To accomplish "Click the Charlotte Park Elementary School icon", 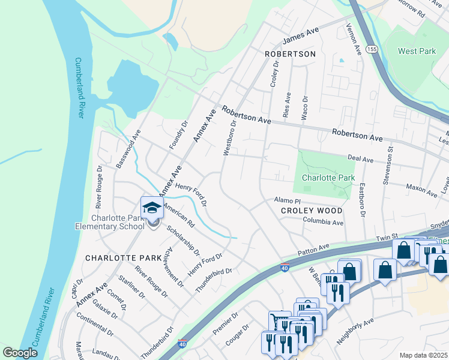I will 152,208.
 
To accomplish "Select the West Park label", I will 417,52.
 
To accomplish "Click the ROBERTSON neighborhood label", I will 290,54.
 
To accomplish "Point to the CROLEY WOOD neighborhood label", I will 312,211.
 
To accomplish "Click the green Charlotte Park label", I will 328,178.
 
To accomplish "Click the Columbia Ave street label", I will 322,222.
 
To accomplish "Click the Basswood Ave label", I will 128,148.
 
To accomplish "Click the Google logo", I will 20,353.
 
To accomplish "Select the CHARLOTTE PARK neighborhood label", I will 115,258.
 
